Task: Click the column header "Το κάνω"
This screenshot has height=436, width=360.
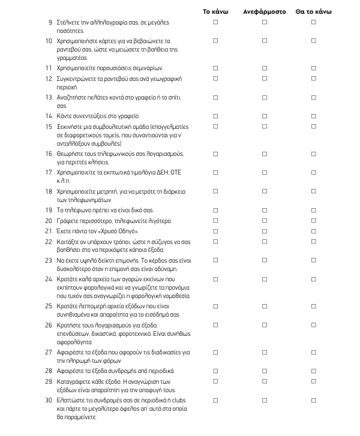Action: tap(215, 11)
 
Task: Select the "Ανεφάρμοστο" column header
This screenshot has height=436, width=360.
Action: tap(265, 11)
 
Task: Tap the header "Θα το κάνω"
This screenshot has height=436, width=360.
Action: tap(313, 11)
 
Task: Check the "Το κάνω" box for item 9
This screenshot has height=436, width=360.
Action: tap(215, 22)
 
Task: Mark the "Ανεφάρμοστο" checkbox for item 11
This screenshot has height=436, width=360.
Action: tap(265, 68)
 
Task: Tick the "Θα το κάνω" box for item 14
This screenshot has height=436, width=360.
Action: tap(313, 116)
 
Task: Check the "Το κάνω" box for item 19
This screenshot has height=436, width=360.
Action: tap(215, 211)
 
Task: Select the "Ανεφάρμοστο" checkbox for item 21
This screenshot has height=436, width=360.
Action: tap(265, 231)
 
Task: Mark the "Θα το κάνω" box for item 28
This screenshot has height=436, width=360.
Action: tap(313, 371)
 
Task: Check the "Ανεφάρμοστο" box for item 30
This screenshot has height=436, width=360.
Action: tap(265, 400)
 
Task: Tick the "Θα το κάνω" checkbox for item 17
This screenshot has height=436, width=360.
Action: tap(313, 172)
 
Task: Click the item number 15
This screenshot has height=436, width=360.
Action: tap(49, 127)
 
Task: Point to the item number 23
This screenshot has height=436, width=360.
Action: tap(49, 260)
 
